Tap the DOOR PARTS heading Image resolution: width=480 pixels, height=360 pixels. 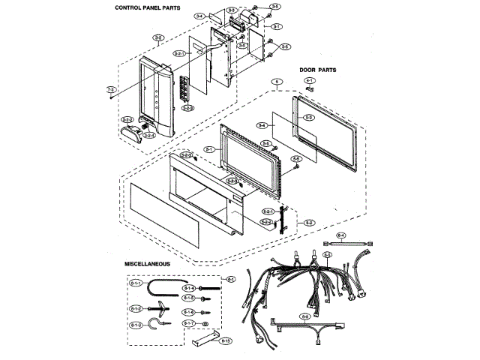tap(318, 70)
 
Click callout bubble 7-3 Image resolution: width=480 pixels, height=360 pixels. tap(109, 91)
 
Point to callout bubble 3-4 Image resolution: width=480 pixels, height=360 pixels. tap(199, 16)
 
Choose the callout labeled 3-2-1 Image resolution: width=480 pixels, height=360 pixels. tap(178, 54)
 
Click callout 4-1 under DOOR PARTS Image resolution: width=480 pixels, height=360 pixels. tap(309, 80)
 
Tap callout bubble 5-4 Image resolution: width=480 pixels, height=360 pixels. tap(262, 125)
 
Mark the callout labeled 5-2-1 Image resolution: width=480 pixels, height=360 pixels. tap(266, 213)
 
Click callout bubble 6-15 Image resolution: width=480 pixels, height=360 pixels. tap(225, 340)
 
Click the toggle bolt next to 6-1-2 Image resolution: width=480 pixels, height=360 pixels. tap(160, 307)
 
